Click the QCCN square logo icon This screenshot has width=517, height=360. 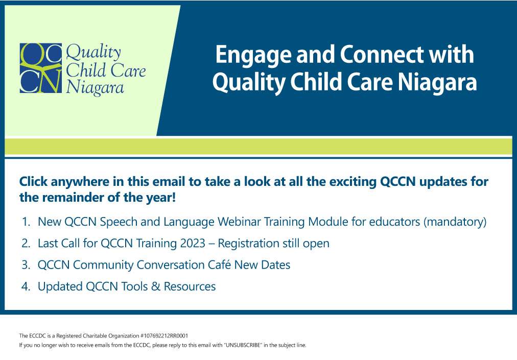coord(40,68)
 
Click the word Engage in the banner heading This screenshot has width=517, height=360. coord(253,56)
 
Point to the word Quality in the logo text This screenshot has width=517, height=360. coord(93,53)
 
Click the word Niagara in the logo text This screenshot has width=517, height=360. coord(95,88)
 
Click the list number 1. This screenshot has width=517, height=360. coord(26,222)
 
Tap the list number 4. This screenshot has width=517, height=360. coord(26,286)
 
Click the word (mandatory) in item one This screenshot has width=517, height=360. coord(455,222)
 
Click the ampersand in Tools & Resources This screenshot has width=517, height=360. coord(156,286)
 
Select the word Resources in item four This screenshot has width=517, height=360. coord(190,286)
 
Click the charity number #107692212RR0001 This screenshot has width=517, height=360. coord(164,335)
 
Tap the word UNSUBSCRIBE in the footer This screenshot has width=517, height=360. coord(242,345)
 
